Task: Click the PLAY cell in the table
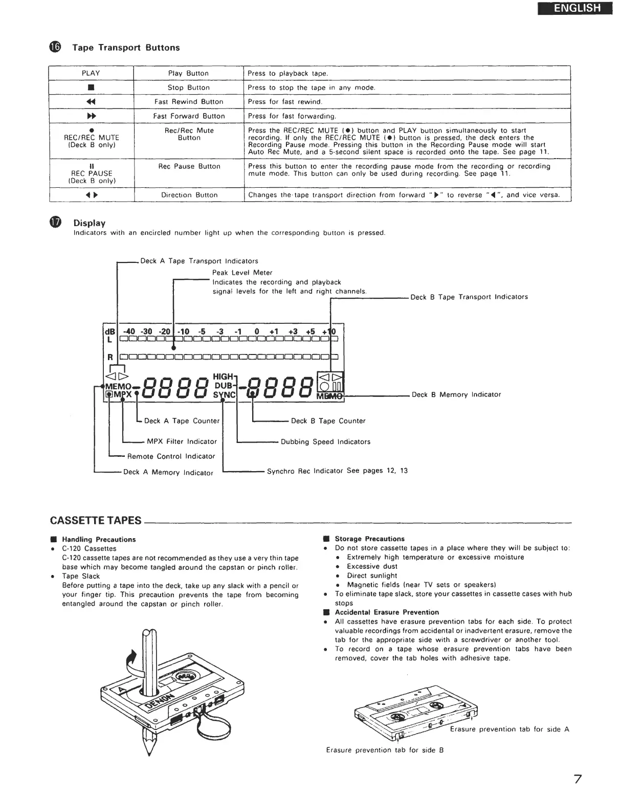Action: [x=91, y=73]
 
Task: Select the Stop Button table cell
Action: [x=188, y=87]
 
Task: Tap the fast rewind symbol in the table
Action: [x=91, y=102]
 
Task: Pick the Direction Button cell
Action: [x=189, y=195]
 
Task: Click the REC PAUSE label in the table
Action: [x=92, y=173]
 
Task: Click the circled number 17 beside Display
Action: [x=55, y=223]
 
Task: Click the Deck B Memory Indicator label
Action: [x=456, y=394]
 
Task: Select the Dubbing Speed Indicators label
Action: [x=325, y=441]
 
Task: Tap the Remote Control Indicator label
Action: [x=171, y=456]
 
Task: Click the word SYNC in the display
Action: [x=224, y=395]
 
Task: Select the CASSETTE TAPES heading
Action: [x=96, y=520]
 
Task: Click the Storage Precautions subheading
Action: [x=369, y=539]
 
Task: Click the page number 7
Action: [x=577, y=779]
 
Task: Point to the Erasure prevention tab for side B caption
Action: [x=385, y=750]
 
